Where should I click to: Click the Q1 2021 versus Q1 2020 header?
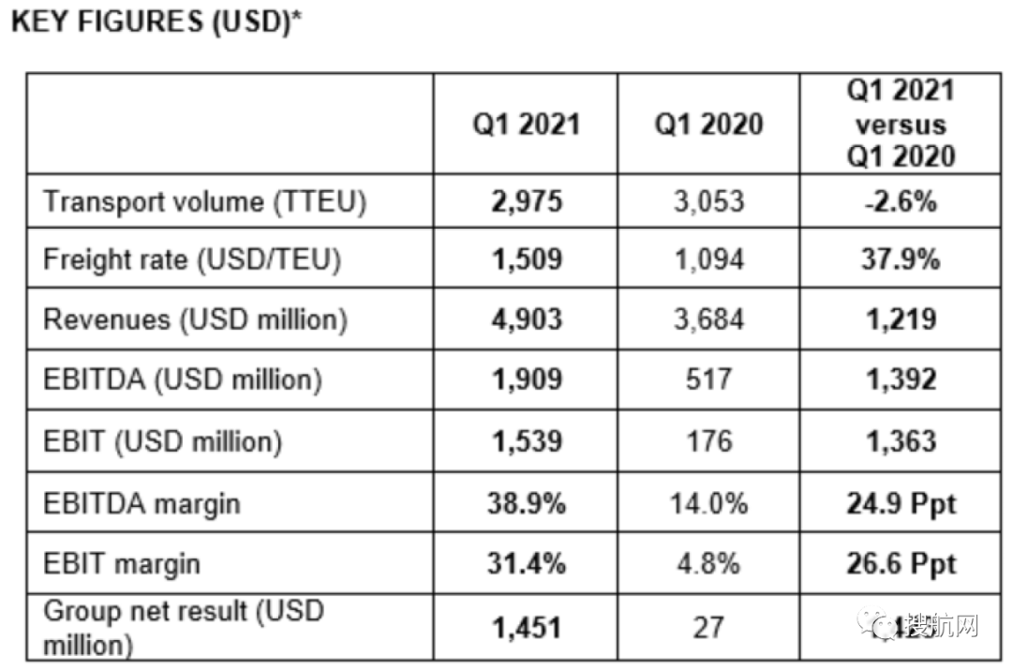pos(900,124)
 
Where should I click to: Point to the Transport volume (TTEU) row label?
pos(205,201)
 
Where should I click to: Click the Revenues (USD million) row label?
pos(196,320)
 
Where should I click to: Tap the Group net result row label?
pos(183,627)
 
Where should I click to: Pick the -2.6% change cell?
pos(900,201)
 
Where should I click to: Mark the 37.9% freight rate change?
pos(900,260)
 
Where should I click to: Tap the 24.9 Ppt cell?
pos(900,503)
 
